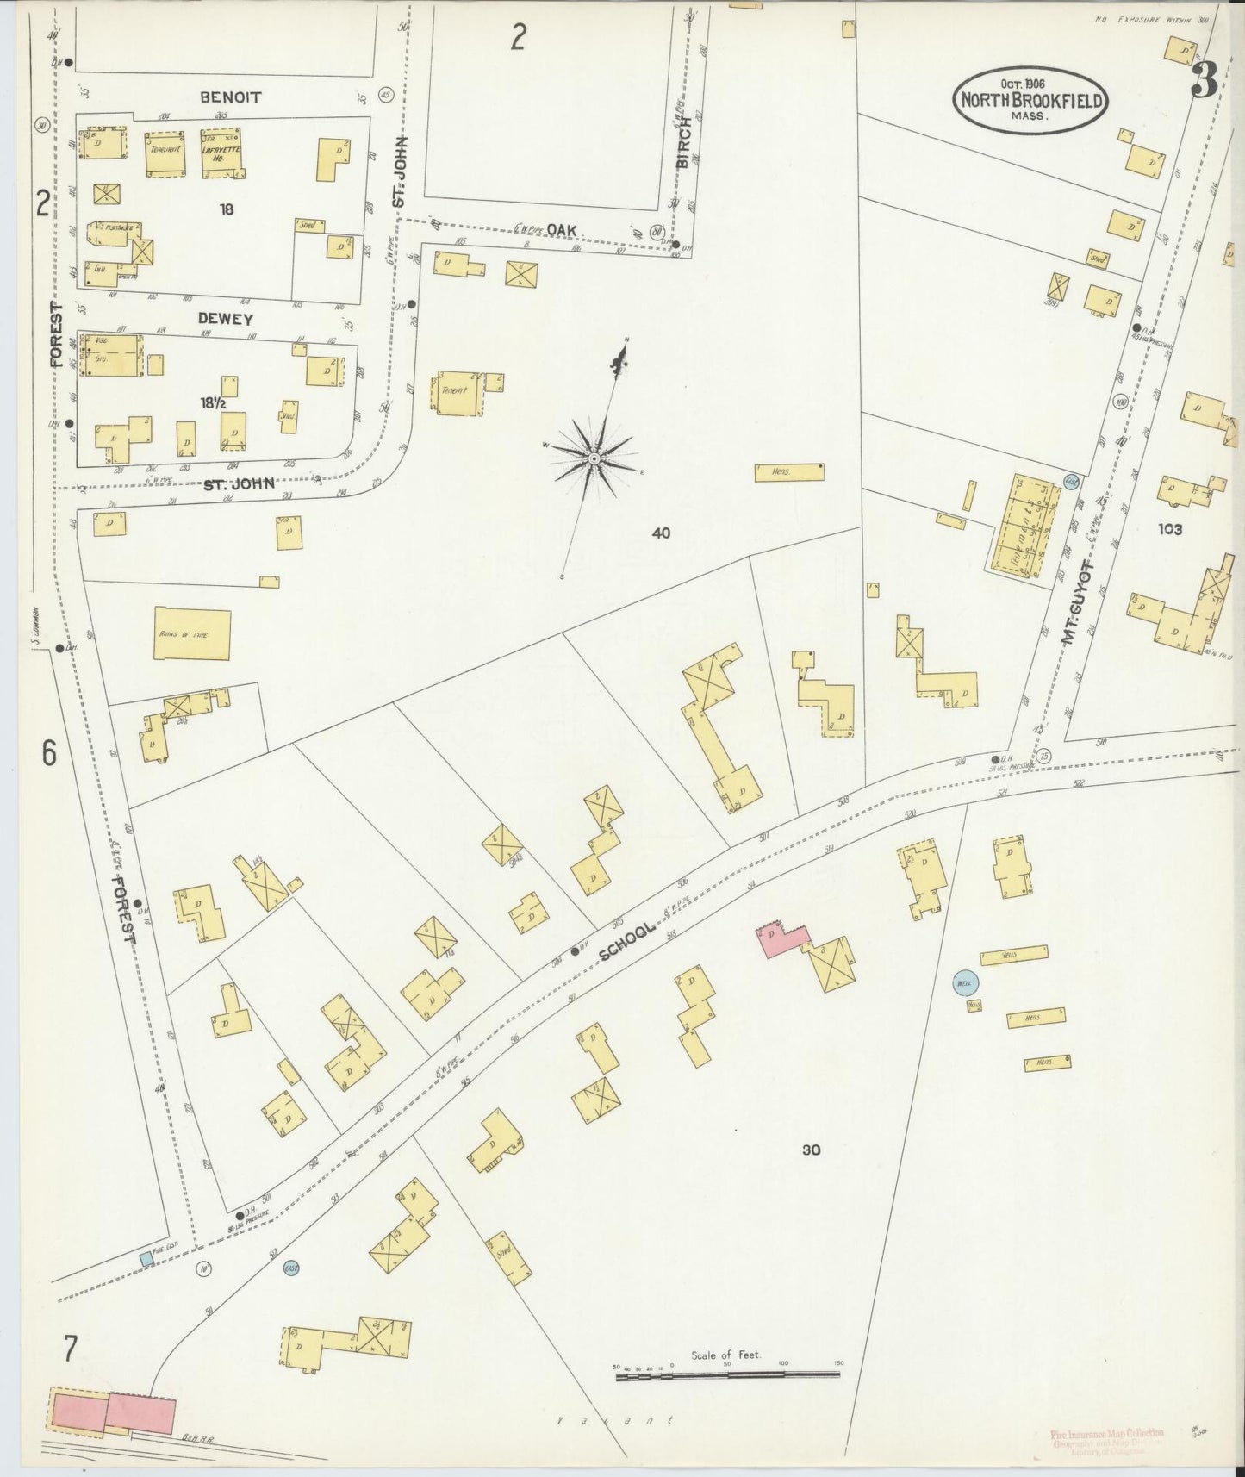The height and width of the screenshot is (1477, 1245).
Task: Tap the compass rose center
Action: pyautogui.click(x=594, y=458)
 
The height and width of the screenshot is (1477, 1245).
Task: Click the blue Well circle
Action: pyautogui.click(x=962, y=982)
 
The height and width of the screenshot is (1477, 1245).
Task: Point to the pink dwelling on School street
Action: pyautogui.click(x=781, y=939)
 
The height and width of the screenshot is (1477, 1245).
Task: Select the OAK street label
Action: pyautogui.click(x=561, y=230)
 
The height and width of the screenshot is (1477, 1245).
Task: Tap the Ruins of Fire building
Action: pyautogui.click(x=192, y=634)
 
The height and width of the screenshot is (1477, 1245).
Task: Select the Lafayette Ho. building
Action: pyautogui.click(x=221, y=153)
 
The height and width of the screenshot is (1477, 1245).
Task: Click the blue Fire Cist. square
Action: pyautogui.click(x=146, y=1259)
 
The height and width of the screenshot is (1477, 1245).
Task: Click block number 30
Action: pyautogui.click(x=811, y=1150)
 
